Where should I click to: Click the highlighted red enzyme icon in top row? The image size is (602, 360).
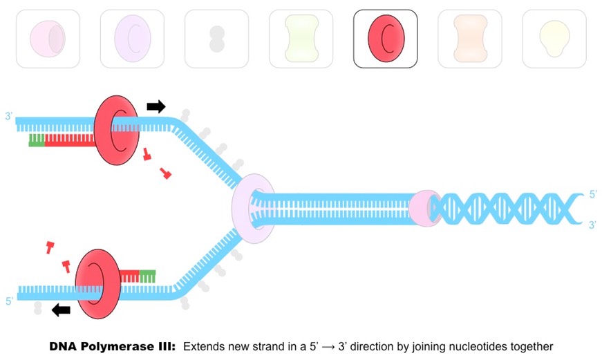coord(385,39)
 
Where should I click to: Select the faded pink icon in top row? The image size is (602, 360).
coord(48,39)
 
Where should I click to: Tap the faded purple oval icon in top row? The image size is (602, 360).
coord(132,39)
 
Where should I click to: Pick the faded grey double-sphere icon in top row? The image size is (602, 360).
coord(216,39)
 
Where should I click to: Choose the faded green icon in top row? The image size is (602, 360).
coord(301,39)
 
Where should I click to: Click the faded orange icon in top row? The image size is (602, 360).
coord(469,39)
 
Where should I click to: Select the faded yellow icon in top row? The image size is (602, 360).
coord(554,39)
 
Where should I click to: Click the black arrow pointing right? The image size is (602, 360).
coord(156,106)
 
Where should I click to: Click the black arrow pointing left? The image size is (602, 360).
coord(61,310)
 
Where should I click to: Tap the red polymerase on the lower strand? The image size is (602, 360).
coord(97,284)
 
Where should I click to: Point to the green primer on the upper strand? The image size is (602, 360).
coord(37,140)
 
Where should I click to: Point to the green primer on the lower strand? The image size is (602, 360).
coord(147,276)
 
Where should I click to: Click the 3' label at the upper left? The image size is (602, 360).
coord(9,117)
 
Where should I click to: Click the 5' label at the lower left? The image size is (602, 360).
coord(9,301)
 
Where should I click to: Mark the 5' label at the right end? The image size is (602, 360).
coord(592,195)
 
